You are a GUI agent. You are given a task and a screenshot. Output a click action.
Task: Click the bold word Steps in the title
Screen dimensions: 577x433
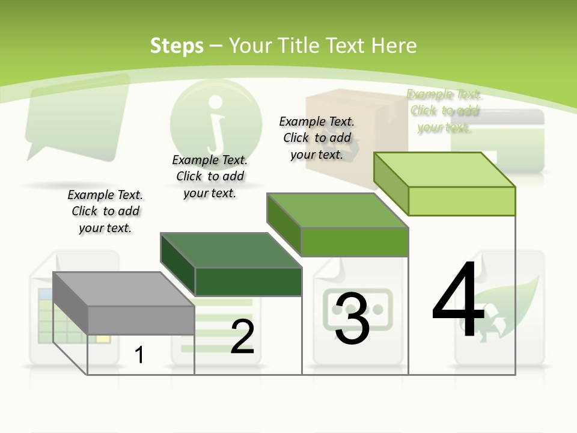[177, 46]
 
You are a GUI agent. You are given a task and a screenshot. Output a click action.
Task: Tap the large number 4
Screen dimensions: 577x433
[458, 301]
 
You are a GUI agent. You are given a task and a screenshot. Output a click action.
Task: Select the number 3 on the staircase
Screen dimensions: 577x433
[352, 319]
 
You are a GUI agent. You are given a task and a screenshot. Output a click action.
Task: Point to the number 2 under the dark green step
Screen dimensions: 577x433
[242, 337]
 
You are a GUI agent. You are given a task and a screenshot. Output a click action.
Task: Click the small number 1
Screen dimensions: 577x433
[139, 355]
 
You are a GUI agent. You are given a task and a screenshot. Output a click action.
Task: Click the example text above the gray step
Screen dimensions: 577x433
[105, 211]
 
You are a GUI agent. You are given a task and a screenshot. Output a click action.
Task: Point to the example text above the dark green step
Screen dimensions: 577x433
[210, 176]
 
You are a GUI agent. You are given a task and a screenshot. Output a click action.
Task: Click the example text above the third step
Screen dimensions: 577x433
[317, 138]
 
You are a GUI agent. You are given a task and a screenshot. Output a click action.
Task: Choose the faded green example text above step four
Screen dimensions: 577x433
[444, 111]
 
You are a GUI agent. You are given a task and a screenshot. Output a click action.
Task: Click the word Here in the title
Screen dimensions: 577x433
[394, 46]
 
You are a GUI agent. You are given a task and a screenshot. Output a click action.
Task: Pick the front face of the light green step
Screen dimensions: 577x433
[462, 201]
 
